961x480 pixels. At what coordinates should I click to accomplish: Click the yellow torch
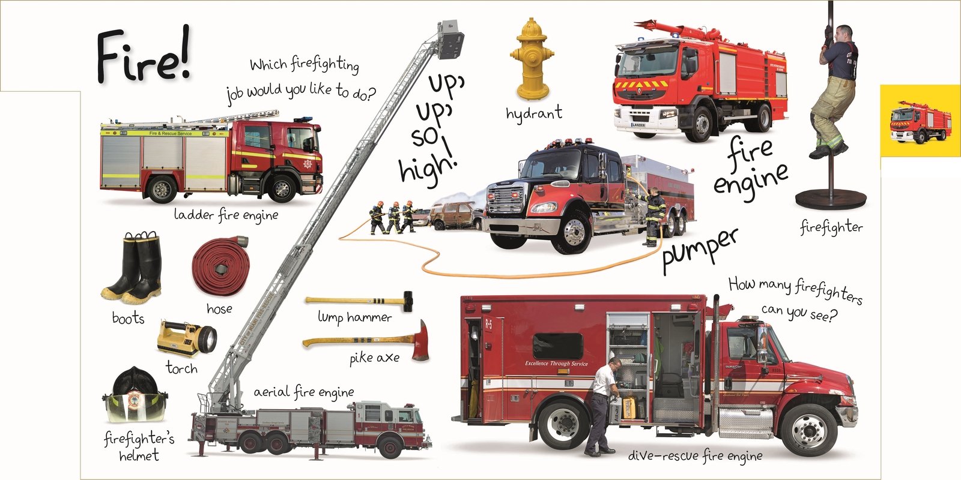click(x=186, y=338)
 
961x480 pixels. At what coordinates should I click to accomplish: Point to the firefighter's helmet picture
click(x=135, y=396)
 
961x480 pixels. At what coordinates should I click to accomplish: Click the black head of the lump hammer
click(x=407, y=301)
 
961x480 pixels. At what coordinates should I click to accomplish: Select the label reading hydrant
click(x=533, y=113)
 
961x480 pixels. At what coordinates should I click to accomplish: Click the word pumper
click(x=699, y=250)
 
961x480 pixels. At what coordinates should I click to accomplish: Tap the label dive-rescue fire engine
click(x=695, y=456)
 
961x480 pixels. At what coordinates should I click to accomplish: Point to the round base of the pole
click(x=831, y=199)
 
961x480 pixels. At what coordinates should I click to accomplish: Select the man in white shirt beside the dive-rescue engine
click(x=601, y=405)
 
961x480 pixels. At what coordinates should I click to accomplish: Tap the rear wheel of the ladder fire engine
click(x=161, y=190)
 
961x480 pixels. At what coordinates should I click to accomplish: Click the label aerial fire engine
click(x=303, y=392)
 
